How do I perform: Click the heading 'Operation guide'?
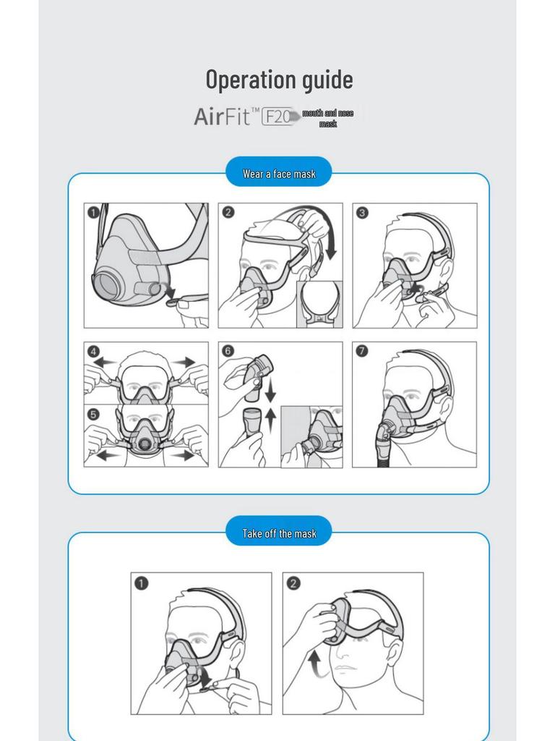coord(279,79)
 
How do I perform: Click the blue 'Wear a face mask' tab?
coord(279,174)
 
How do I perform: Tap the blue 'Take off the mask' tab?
coord(279,533)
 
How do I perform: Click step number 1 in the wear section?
coord(94,213)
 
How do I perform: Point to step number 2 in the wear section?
coord(228,213)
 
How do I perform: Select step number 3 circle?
coord(363,213)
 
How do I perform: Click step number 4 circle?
coord(94,352)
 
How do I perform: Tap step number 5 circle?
coord(94,415)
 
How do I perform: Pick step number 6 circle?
coord(228,352)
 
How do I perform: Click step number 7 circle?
coord(363,352)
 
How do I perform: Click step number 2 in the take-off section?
coord(293,583)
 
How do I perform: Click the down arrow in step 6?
coord(270,392)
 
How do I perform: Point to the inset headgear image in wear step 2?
coord(319,304)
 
